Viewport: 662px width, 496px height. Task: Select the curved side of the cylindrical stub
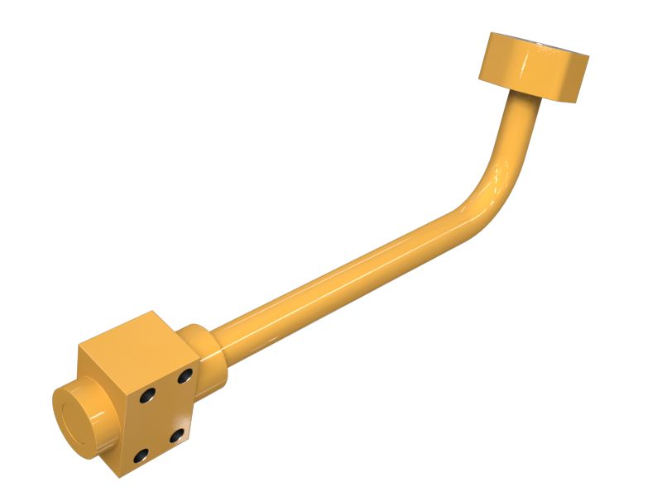click(95, 389)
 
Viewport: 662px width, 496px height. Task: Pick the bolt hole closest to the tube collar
click(184, 377)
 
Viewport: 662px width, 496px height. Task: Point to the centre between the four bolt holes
click(163, 415)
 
